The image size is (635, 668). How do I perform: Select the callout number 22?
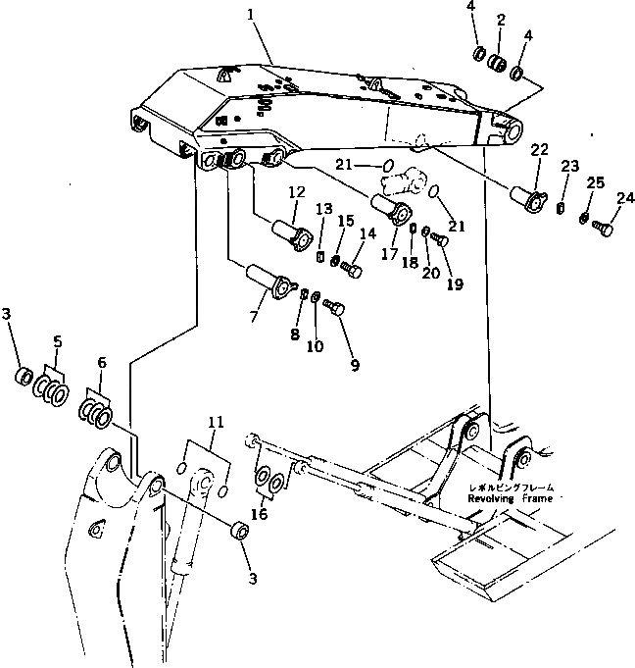tap(539, 149)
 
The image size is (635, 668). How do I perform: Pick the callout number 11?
tap(217, 422)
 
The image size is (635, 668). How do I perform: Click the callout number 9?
tap(355, 365)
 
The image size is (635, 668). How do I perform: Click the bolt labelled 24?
tap(603, 229)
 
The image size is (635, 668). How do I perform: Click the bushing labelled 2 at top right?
tap(499, 65)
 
